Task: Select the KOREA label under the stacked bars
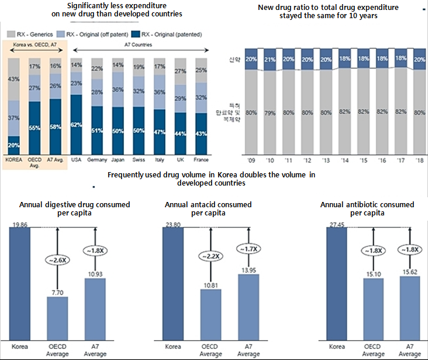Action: pos(13,159)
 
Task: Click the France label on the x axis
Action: pos(201,159)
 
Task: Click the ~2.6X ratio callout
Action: pos(57,260)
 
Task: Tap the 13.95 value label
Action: pos(247,267)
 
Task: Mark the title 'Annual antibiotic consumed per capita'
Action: pos(367,209)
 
